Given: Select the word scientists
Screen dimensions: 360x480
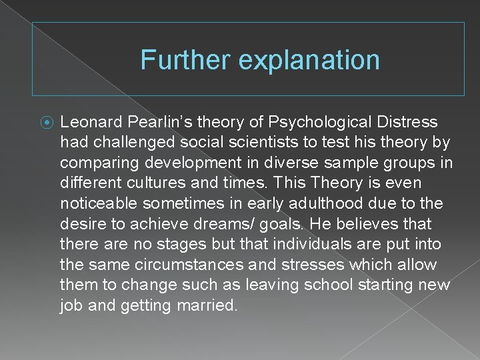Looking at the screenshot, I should click(271, 143).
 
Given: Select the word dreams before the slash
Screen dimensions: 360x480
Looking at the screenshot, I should click(228, 224).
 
